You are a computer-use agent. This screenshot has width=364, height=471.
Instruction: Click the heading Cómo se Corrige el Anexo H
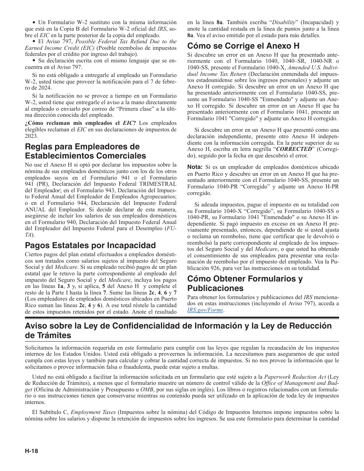(243, 46)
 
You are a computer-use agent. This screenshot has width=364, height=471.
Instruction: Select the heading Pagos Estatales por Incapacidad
(90, 245)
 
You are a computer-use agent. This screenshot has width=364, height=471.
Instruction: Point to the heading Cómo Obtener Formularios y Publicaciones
(245, 283)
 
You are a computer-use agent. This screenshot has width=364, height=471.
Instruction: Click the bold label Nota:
(195, 167)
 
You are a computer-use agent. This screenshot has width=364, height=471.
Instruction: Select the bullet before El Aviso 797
(34, 41)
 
